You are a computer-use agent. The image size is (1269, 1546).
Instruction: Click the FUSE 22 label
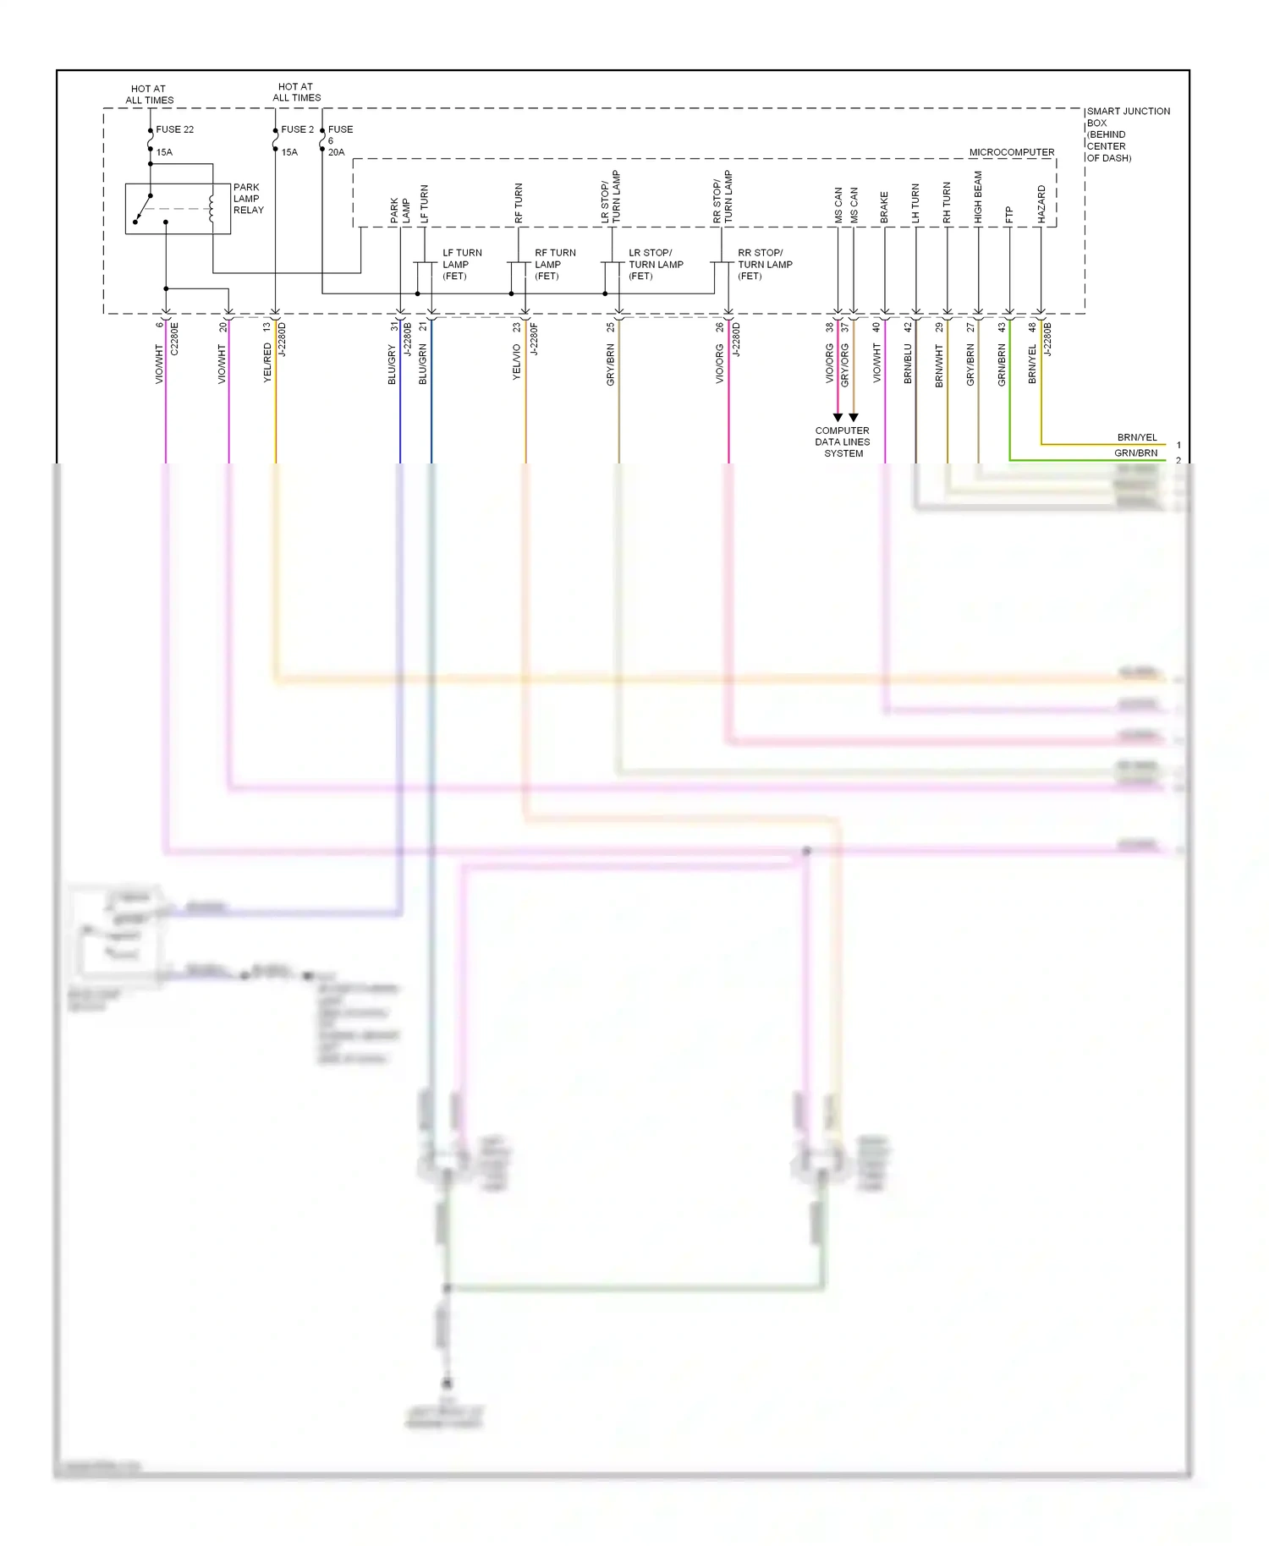174,129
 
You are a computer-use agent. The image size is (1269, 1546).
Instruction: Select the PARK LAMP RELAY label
248,199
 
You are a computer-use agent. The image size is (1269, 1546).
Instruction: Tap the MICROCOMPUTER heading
1011,152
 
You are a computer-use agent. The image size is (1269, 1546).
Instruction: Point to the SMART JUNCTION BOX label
1127,134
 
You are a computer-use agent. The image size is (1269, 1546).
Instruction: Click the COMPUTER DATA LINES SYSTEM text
843,441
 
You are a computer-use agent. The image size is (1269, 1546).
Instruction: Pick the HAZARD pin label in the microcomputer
1041,205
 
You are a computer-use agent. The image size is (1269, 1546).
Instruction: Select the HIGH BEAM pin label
979,198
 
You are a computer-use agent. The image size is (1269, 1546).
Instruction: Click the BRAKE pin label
885,207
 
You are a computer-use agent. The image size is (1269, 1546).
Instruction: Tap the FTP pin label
1009,216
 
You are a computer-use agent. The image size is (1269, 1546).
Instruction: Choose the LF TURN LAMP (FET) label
462,264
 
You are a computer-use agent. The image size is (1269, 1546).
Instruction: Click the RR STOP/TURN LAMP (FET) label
765,264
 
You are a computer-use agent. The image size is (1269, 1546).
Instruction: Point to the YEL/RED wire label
267,363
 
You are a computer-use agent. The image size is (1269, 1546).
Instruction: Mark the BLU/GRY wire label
392,365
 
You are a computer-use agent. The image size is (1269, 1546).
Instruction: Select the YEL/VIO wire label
517,362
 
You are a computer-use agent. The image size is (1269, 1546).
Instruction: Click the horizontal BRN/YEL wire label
1136,437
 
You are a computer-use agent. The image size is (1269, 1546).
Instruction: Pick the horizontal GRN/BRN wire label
1135,453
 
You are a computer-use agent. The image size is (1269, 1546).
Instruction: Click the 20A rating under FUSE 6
336,152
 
